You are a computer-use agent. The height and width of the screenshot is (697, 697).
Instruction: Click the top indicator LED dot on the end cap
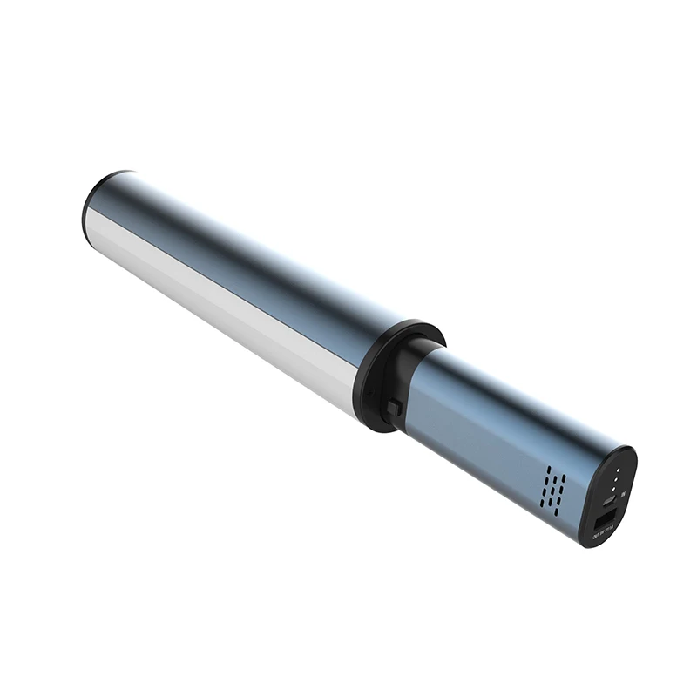pyautogui.click(x=618, y=470)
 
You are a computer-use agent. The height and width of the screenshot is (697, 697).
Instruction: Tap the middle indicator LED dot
pyautogui.click(x=616, y=479)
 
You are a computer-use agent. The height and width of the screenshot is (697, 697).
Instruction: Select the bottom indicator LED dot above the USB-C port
pyautogui.click(x=613, y=489)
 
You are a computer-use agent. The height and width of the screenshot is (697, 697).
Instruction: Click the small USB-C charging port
pyautogui.click(x=609, y=501)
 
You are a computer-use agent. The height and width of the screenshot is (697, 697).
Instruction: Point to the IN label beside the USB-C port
pyautogui.click(x=623, y=495)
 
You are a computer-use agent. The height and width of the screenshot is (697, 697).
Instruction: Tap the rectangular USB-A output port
pyautogui.click(x=606, y=519)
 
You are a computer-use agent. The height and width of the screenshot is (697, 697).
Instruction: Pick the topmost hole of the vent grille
pyautogui.click(x=549, y=470)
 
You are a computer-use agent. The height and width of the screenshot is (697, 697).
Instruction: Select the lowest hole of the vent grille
pyautogui.click(x=556, y=512)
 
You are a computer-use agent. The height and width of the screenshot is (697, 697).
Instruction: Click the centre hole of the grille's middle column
pyautogui.click(x=552, y=491)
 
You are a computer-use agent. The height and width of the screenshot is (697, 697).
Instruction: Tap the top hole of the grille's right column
pyautogui.click(x=564, y=478)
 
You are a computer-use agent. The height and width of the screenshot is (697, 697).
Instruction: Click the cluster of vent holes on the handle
pyautogui.click(x=553, y=491)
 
